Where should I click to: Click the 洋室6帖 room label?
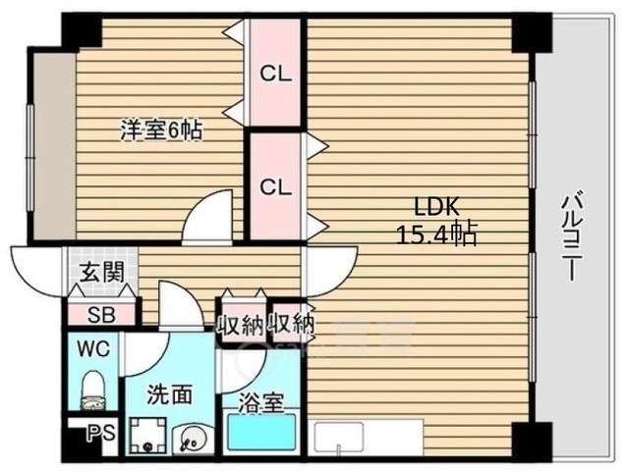tap(161, 131)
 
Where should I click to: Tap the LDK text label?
tap(436, 208)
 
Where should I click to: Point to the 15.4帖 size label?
tap(436, 235)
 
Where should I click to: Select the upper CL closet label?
tap(275, 74)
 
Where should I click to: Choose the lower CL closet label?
tap(275, 186)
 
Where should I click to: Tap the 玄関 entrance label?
tap(101, 273)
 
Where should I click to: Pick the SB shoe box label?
tap(101, 315)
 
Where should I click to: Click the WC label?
tap(93, 349)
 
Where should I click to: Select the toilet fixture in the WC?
tap(93, 391)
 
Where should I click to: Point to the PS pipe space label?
tap(101, 433)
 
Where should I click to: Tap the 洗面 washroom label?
tap(170, 394)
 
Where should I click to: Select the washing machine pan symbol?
tap(148, 436)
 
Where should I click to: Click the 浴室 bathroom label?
tap(261, 403)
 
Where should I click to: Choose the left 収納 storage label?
tap(241, 326)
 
